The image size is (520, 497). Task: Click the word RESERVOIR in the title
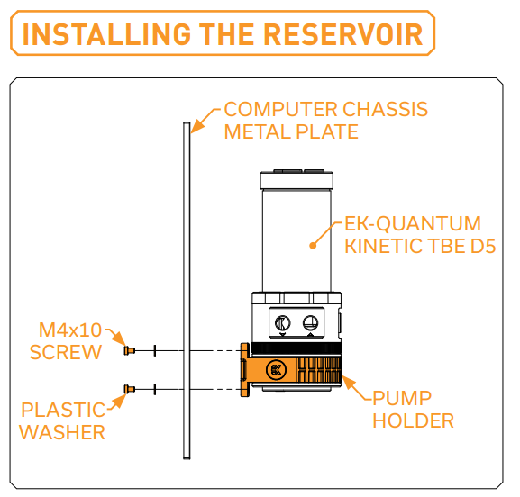coord(343,34)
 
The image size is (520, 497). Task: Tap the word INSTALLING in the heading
coord(106,34)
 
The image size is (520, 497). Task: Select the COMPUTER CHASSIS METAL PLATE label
coord(325,121)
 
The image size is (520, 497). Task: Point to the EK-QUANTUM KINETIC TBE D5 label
coord(420,235)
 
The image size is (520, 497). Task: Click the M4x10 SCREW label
coord(65,341)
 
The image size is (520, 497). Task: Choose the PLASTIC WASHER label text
coord(62,421)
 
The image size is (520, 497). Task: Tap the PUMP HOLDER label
coord(413,409)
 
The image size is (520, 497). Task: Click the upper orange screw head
coord(129,350)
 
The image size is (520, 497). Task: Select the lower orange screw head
coord(129,389)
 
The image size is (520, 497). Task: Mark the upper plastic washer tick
coord(154,350)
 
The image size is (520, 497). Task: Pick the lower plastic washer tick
coord(154,389)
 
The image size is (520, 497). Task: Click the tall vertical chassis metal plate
coord(187,290)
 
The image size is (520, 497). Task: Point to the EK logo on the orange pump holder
coord(276,369)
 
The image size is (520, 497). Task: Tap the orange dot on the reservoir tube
coord(313,246)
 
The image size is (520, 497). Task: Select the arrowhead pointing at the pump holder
coord(348,383)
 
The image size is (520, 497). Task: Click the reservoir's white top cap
coord(296,180)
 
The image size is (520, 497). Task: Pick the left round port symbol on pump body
coord(283,323)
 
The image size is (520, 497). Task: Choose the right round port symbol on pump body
coord(310,323)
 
